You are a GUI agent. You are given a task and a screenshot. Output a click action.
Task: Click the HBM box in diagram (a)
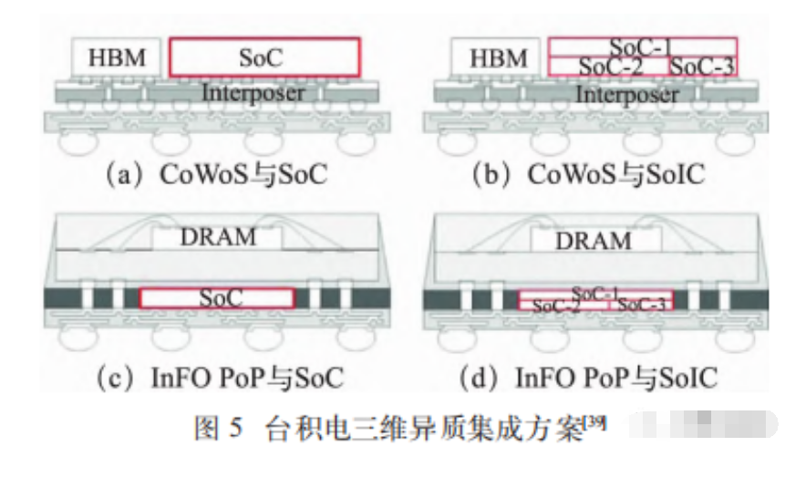118,57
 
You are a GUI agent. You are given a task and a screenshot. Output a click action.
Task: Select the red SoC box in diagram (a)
263,57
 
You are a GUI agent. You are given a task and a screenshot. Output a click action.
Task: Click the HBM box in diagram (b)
500,58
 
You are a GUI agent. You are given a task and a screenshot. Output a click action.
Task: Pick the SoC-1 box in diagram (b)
642,46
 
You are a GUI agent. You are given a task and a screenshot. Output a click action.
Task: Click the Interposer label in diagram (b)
627,94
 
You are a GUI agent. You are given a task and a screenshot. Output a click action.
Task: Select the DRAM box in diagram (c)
217,237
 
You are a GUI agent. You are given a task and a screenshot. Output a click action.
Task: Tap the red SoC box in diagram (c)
217,298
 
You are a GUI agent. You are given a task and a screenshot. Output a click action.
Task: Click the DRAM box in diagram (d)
593,240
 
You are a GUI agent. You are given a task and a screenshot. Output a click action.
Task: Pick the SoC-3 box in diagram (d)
641,305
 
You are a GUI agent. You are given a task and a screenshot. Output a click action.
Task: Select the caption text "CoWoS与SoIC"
616,174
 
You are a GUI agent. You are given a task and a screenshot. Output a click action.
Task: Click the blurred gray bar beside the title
702,425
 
